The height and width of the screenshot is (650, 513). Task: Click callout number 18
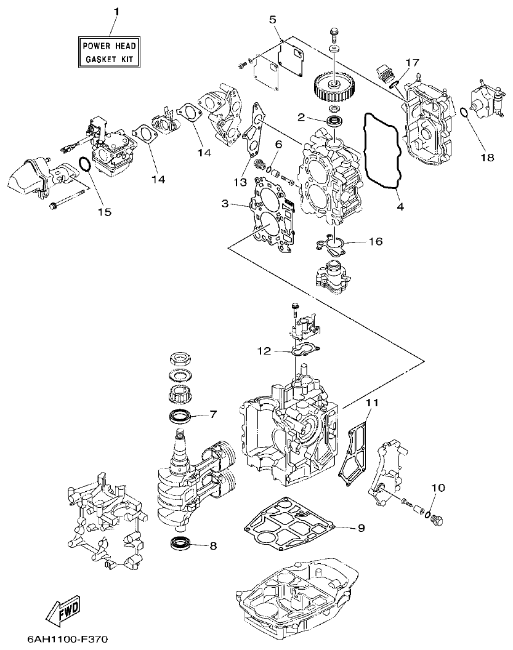[x=487, y=158]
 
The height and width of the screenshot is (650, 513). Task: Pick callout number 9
[x=361, y=528]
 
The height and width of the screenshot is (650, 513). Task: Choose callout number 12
[x=264, y=351]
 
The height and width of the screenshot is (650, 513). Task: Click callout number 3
[x=225, y=203]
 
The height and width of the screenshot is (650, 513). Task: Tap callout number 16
[x=375, y=241]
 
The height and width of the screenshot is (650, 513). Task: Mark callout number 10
[x=437, y=487]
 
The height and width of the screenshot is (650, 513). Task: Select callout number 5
[x=273, y=20]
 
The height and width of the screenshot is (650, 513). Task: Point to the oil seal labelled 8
[x=180, y=543]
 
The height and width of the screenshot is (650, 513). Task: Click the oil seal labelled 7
[x=180, y=416]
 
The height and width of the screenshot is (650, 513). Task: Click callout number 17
[x=411, y=62]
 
